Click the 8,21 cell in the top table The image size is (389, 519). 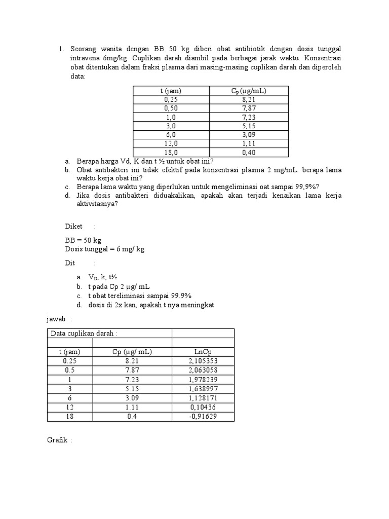tap(250, 100)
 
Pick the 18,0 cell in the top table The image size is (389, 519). tap(171, 152)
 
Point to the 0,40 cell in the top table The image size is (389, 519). tap(250, 152)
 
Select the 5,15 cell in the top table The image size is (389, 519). tap(250, 126)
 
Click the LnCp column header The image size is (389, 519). tap(203, 352)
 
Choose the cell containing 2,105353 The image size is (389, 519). tap(203, 361)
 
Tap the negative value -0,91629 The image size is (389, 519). tap(203, 416)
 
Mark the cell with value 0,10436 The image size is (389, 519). tap(203, 407)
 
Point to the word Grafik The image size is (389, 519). tap(57, 440)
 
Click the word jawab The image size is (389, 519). tap(56, 319)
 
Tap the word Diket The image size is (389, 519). tap(73, 226)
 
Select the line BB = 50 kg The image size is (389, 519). tap(84, 241)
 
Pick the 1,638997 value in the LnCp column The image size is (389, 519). tap(203, 389)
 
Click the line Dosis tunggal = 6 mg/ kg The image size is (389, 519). tap(104, 249)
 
